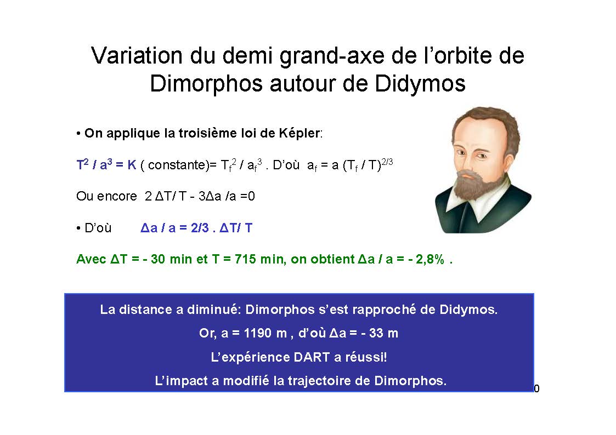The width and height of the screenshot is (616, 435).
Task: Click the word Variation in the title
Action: tap(137, 55)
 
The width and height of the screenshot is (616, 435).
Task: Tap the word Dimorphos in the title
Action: tap(206, 83)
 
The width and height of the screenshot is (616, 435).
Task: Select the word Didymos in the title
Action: tap(420, 83)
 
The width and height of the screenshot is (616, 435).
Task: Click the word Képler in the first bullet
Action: tap(300, 133)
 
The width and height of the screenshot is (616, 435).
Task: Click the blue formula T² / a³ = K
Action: tap(106, 164)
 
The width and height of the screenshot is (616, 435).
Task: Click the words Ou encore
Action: tap(106, 196)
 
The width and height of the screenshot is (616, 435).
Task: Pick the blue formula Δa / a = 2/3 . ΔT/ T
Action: tap(196, 228)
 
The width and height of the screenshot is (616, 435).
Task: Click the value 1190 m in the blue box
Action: tap(265, 334)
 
